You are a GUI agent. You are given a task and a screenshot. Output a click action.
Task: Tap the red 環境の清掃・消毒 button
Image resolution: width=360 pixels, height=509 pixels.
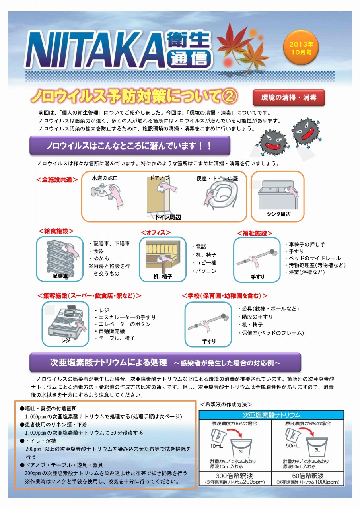pos(289,98)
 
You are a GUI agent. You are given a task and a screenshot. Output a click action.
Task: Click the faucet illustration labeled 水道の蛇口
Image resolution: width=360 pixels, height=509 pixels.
pos(107,195)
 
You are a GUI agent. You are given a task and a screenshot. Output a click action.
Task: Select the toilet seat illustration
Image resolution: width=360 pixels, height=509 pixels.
pos(221,196)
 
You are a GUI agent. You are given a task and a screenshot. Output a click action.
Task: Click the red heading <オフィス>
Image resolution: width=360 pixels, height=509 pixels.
pos(156,233)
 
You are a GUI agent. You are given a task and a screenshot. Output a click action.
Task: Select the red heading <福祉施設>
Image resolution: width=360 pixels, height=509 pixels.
pos(255,233)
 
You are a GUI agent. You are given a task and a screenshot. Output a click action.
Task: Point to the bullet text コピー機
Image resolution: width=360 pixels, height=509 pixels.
pos(204,263)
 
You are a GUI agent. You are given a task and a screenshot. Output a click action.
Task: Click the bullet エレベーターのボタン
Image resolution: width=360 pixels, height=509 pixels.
pos(123,324)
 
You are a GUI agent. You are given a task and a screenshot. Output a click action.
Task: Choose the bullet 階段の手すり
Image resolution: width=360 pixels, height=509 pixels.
pos(255,317)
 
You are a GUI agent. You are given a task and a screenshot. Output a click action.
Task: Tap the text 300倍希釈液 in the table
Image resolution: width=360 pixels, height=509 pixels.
pos(234,476)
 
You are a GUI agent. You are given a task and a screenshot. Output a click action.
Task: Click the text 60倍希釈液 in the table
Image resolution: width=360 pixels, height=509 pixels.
pos(307,476)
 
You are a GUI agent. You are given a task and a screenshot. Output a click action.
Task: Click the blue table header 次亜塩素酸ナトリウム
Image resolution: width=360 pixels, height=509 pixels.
pos(271,415)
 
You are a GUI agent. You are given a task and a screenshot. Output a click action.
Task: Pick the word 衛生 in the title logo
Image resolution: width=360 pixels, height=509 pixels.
pos(188,39)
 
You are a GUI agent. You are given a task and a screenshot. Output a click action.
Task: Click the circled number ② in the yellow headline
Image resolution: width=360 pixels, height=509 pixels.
pos(229,97)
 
